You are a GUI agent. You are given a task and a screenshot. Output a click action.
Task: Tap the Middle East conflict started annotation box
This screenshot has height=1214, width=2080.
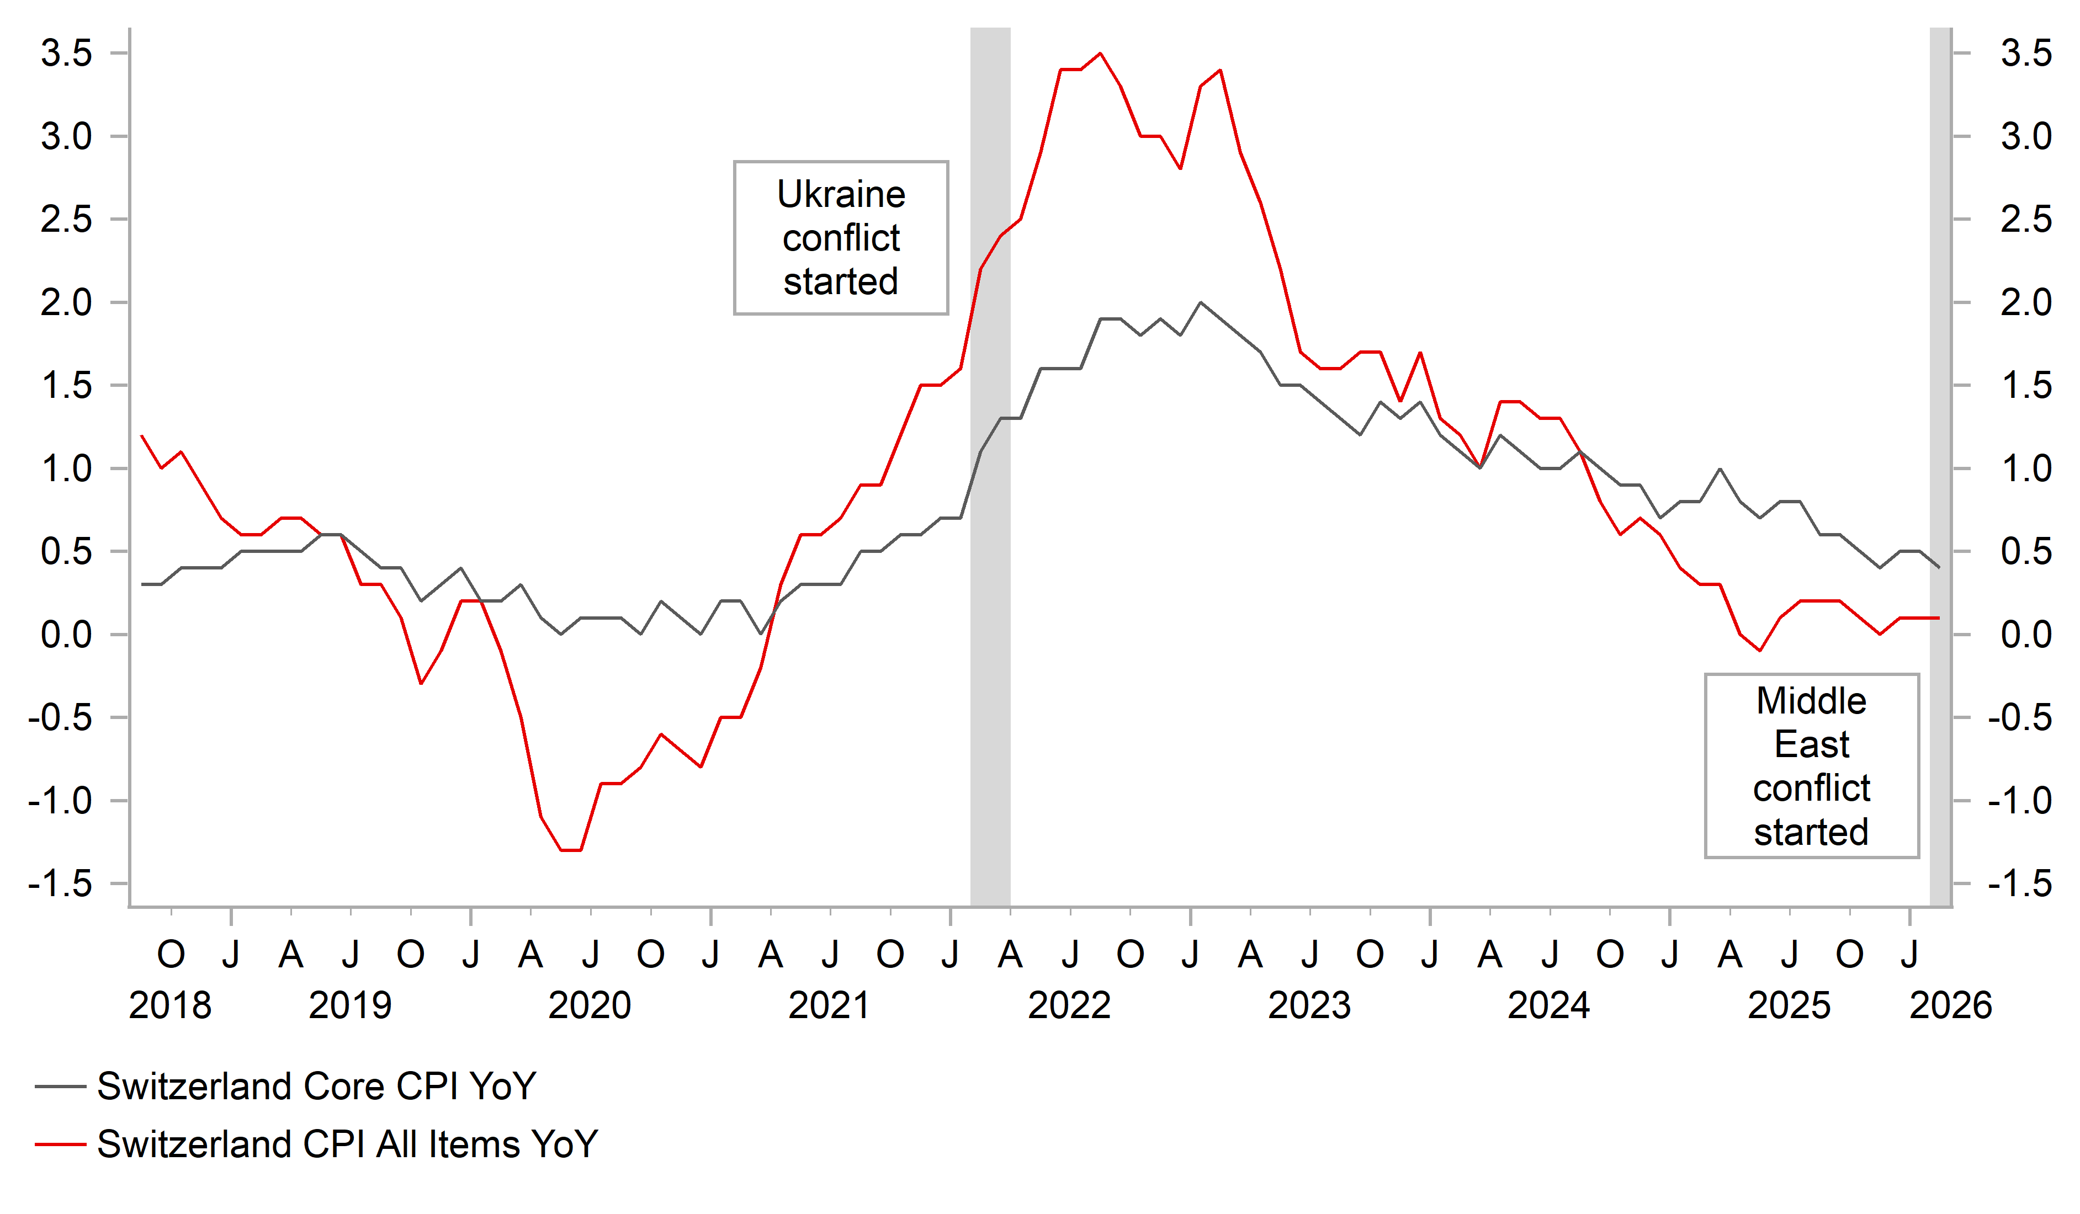tap(1811, 766)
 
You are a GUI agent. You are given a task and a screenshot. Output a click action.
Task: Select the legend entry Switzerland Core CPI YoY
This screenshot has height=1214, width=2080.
tap(316, 1086)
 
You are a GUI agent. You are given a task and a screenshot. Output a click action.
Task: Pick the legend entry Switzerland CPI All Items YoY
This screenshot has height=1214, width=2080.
tap(347, 1144)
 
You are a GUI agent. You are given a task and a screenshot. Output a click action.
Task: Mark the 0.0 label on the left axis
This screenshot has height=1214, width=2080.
tap(67, 635)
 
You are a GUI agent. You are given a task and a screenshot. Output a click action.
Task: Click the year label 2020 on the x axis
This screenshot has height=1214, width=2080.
tap(590, 1006)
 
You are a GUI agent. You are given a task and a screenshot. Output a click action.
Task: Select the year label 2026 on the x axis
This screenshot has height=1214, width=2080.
tap(1950, 1006)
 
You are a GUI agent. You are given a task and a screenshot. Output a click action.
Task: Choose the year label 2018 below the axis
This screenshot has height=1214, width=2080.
tap(170, 1006)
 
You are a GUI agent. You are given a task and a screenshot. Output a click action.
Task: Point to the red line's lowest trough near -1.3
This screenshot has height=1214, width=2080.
tap(571, 850)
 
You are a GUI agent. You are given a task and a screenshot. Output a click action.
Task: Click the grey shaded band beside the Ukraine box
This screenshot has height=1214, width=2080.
tap(990, 578)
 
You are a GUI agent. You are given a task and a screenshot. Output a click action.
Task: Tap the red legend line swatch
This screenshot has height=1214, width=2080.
tap(60, 1144)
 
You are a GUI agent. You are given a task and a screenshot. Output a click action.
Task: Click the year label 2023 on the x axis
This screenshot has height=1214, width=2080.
tap(1309, 1006)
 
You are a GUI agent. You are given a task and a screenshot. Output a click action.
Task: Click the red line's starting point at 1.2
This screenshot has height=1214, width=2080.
tap(142, 436)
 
